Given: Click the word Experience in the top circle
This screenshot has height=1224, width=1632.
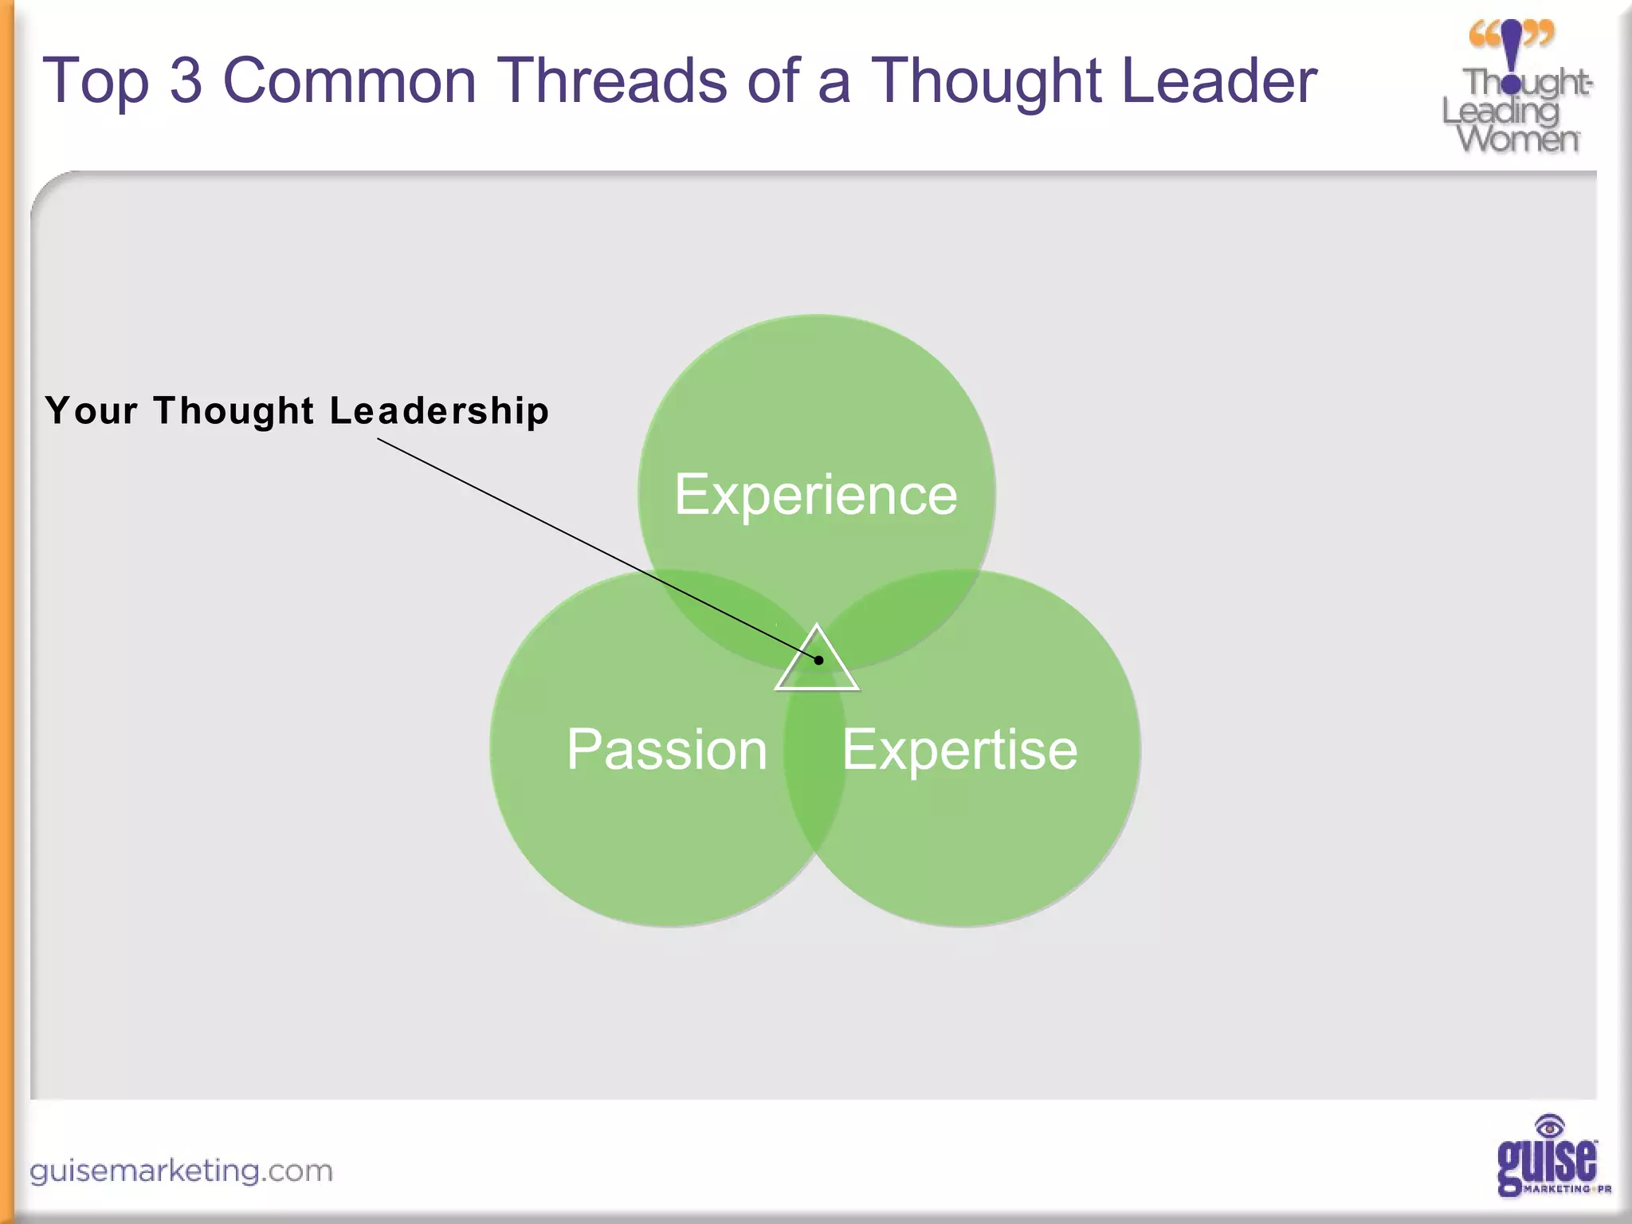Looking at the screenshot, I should tap(815, 495).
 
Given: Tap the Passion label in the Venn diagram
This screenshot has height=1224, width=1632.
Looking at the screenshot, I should tap(667, 750).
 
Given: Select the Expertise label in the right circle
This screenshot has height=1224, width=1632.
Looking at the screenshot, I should tap(959, 750).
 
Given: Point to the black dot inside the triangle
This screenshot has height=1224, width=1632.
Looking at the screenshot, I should tap(818, 660).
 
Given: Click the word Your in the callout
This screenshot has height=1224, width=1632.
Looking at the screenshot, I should tap(91, 411).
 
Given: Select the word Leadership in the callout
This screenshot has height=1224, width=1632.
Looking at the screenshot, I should tap(439, 411).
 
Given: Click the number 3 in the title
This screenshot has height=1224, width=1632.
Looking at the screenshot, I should tap(186, 80).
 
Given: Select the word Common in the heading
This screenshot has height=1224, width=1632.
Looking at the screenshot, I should tap(349, 80).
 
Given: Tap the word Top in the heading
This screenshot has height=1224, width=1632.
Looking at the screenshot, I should tap(96, 80).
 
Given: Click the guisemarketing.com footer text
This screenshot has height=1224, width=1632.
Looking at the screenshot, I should tap(181, 1171).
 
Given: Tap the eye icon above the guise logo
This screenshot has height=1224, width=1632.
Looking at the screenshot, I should tap(1549, 1127).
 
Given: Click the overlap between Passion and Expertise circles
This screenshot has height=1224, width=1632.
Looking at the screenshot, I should tap(815, 765).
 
